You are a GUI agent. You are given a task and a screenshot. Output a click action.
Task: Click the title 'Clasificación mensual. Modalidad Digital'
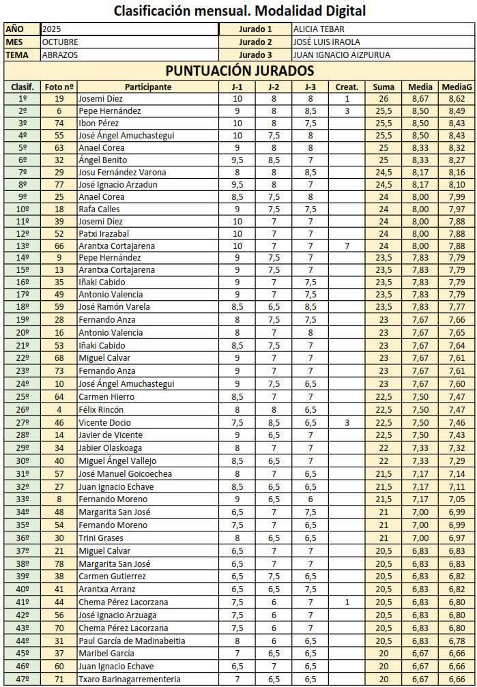pos(239,11)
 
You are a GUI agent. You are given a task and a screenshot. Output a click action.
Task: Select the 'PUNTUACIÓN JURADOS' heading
pos(239,71)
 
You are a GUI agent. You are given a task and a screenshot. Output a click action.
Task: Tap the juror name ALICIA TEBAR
pos(319,29)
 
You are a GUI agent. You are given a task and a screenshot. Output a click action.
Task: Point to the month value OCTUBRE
pos(60,42)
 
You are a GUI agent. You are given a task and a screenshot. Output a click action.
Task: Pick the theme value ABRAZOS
pos(59,55)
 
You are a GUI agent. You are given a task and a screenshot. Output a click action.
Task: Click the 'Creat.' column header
pos(347,87)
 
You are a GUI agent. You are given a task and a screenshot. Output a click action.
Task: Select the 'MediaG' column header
pos(457,87)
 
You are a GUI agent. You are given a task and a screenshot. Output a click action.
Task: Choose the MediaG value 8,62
pos(457,99)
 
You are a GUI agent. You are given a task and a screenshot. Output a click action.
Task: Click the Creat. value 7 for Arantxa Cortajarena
pos(347,246)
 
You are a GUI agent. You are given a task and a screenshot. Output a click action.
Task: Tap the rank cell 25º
pos(22,397)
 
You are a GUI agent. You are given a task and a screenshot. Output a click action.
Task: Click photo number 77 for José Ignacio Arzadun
pos(59,184)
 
